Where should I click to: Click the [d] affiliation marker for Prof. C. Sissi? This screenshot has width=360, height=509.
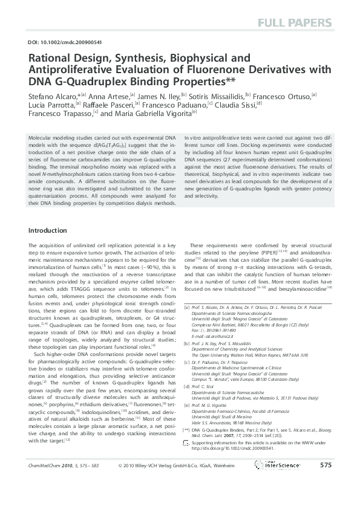(x=186, y=385)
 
